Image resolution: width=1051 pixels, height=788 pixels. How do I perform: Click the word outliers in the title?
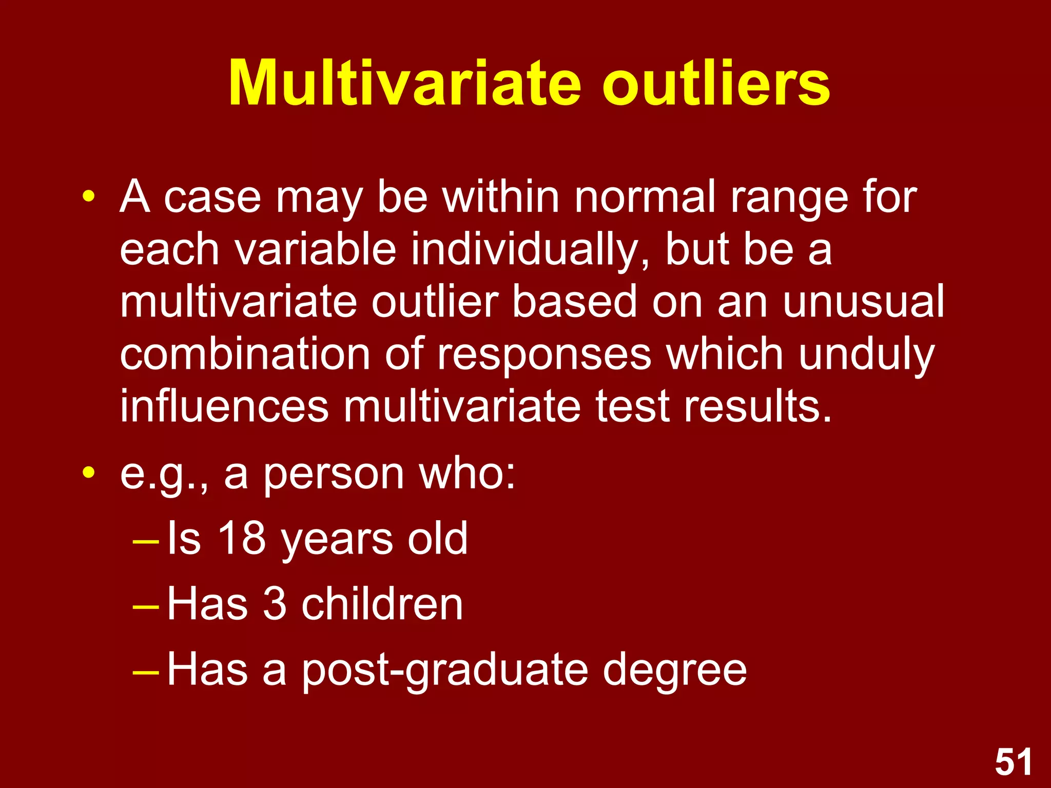[716, 83]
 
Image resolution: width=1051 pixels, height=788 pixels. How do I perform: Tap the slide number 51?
[1014, 762]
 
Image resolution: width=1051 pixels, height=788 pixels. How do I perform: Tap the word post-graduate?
[444, 670]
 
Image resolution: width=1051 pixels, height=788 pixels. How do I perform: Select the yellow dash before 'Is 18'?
[146, 542]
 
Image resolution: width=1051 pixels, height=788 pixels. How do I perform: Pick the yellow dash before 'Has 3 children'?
[146, 607]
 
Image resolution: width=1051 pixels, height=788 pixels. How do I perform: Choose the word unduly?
[867, 355]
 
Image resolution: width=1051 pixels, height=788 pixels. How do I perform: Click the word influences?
[224, 406]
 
